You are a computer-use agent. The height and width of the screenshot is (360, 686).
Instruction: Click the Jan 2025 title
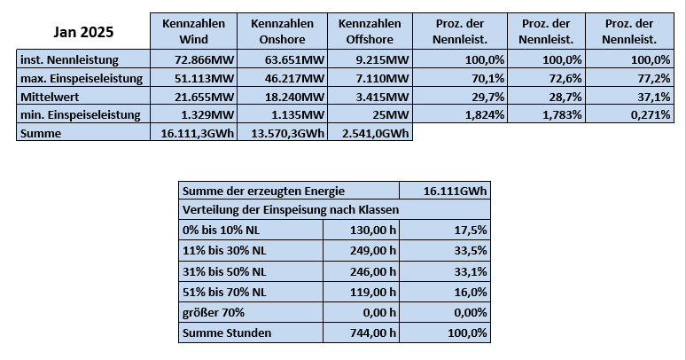click(83, 32)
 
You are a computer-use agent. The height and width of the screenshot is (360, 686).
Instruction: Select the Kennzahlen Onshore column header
click(282, 31)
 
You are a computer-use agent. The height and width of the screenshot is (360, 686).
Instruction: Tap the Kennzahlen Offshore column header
click(370, 31)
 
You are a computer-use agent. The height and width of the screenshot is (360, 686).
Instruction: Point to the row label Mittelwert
click(50, 97)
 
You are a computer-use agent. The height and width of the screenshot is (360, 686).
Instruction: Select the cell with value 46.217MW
click(294, 78)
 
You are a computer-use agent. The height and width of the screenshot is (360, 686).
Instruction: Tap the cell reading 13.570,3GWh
click(288, 133)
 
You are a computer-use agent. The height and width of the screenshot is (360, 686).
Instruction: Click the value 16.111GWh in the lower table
click(455, 191)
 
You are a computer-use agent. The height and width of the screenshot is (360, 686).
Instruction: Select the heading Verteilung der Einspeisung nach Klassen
click(291, 210)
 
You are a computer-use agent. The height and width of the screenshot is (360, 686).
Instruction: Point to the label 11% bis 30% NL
click(224, 251)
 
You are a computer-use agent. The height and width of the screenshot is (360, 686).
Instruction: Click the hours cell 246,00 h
click(373, 271)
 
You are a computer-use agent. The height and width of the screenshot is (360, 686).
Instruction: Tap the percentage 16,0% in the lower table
click(471, 292)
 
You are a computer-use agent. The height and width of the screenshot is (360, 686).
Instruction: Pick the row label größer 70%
click(214, 313)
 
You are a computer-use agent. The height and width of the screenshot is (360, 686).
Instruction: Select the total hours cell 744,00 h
click(373, 333)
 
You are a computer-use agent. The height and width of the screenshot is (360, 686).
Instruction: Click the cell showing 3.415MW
click(382, 97)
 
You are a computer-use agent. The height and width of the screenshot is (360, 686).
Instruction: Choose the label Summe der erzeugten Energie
click(263, 191)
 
